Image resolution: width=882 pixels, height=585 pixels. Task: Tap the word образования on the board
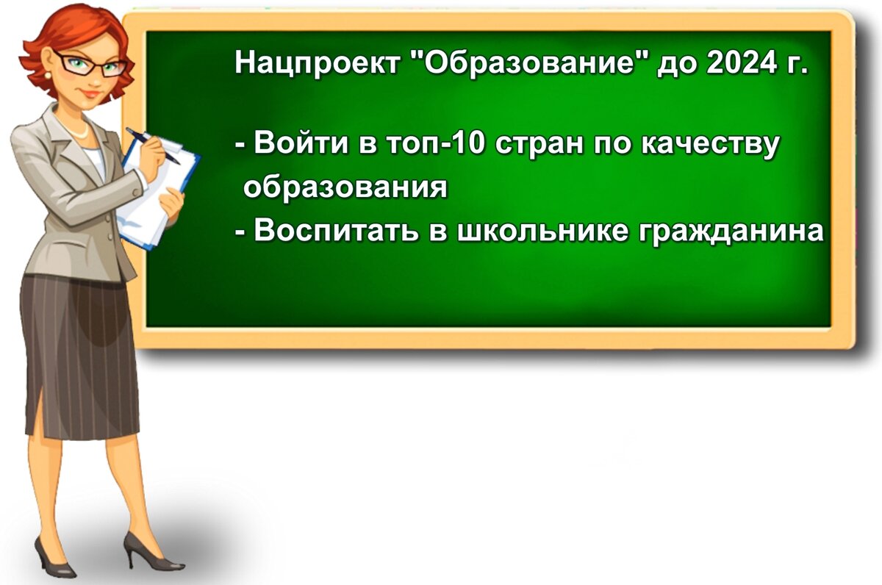coord(345,188)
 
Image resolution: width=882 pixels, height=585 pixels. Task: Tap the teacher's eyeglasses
coord(87,64)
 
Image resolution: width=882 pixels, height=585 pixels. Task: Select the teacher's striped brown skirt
coord(77,353)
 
